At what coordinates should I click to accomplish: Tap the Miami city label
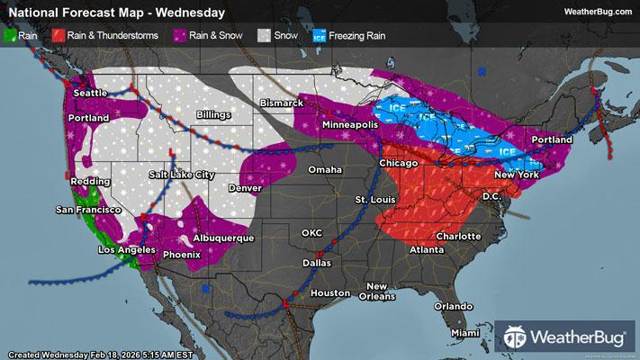point(466,333)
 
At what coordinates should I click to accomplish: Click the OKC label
point(311,233)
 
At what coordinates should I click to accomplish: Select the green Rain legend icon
point(10,37)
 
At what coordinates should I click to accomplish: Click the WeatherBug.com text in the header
point(596,11)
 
